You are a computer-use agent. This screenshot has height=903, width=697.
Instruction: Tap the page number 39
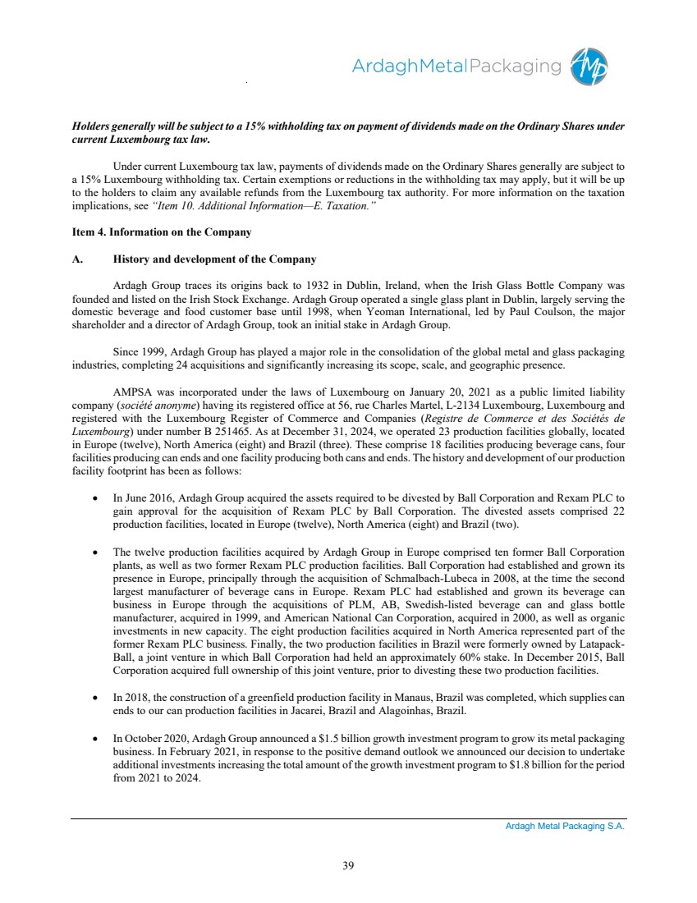point(348,863)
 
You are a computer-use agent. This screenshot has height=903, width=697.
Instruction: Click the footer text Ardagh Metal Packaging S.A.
point(565,827)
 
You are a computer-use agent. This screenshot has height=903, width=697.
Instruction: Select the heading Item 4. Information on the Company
point(162,232)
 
